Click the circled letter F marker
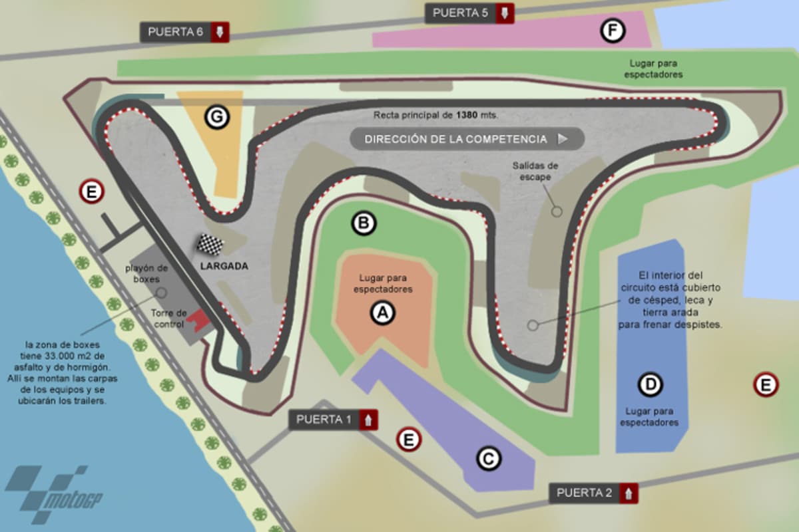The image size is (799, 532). tap(612, 31)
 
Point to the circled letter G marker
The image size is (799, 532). tap(216, 117)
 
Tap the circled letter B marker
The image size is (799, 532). tap(364, 223)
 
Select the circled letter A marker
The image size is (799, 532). tap(383, 312)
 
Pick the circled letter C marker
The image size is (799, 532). tap(488, 458)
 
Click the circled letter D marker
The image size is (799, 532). tap(650, 384)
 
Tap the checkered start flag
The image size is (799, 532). tap(210, 244)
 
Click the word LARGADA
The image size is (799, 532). tap(224, 266)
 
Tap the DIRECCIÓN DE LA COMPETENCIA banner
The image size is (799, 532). tap(466, 139)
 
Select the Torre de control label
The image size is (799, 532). tap(169, 317)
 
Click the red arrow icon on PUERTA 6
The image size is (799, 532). tap(220, 32)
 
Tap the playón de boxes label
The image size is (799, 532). tap(146, 273)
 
